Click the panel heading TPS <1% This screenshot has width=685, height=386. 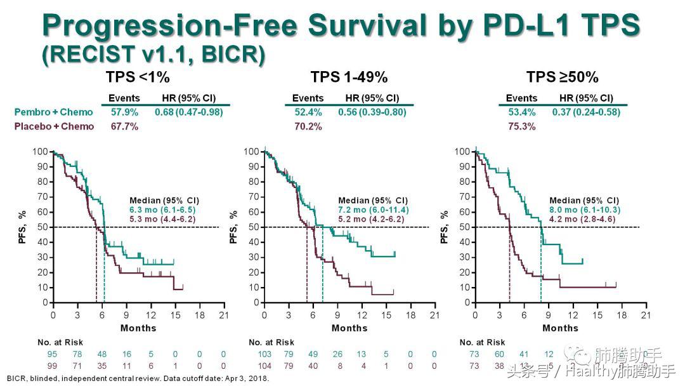(x=138, y=77)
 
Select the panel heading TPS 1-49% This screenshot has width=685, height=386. (x=349, y=77)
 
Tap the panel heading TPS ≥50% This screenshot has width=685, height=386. (x=561, y=77)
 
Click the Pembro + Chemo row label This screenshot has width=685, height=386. (x=53, y=112)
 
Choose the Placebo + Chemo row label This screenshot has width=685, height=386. (x=54, y=126)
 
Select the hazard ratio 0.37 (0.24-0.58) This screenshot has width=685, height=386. (x=585, y=112)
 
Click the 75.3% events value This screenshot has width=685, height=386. (x=521, y=126)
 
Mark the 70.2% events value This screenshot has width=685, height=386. (x=308, y=126)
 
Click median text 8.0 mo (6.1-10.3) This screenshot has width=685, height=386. (x=585, y=210)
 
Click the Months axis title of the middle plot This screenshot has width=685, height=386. (x=349, y=328)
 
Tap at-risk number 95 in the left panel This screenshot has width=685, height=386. (x=53, y=354)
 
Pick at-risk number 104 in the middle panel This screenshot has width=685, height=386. (x=264, y=366)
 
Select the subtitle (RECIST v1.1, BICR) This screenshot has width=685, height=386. (x=153, y=55)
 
